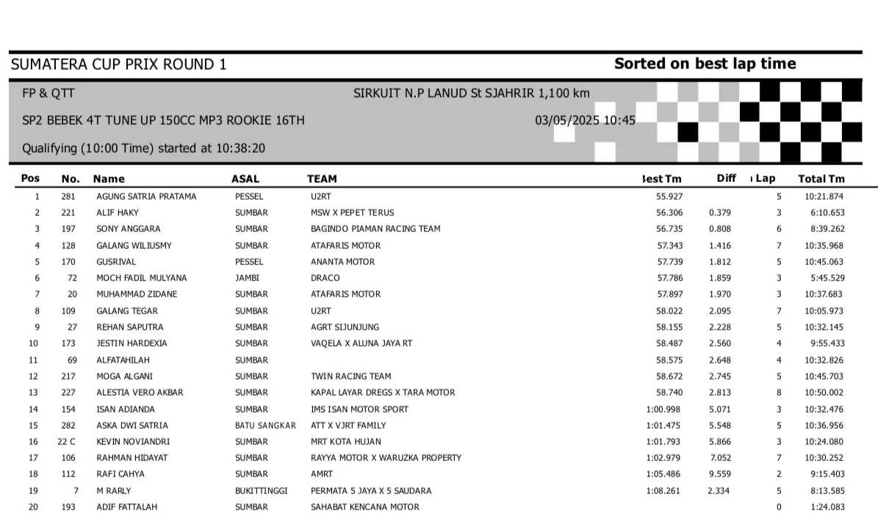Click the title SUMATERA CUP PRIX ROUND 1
tap(119, 65)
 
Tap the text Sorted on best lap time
tap(705, 64)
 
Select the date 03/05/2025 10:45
tap(585, 120)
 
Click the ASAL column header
tap(245, 178)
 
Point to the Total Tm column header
tap(821, 178)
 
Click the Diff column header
tap(726, 178)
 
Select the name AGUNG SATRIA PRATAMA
tap(146, 197)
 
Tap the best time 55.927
tap(669, 197)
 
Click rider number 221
tap(68, 213)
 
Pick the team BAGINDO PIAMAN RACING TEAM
tap(375, 229)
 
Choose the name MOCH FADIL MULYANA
tap(142, 278)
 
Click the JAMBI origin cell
tap(247, 278)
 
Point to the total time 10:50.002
tap(824, 393)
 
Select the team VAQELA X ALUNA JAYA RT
tap(361, 344)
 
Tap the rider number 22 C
tap(66, 442)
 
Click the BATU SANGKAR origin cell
tap(265, 426)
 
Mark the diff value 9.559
tap(719, 474)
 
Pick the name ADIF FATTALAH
tap(126, 507)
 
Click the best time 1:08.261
tap(663, 490)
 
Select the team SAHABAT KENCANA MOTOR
tap(365, 507)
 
